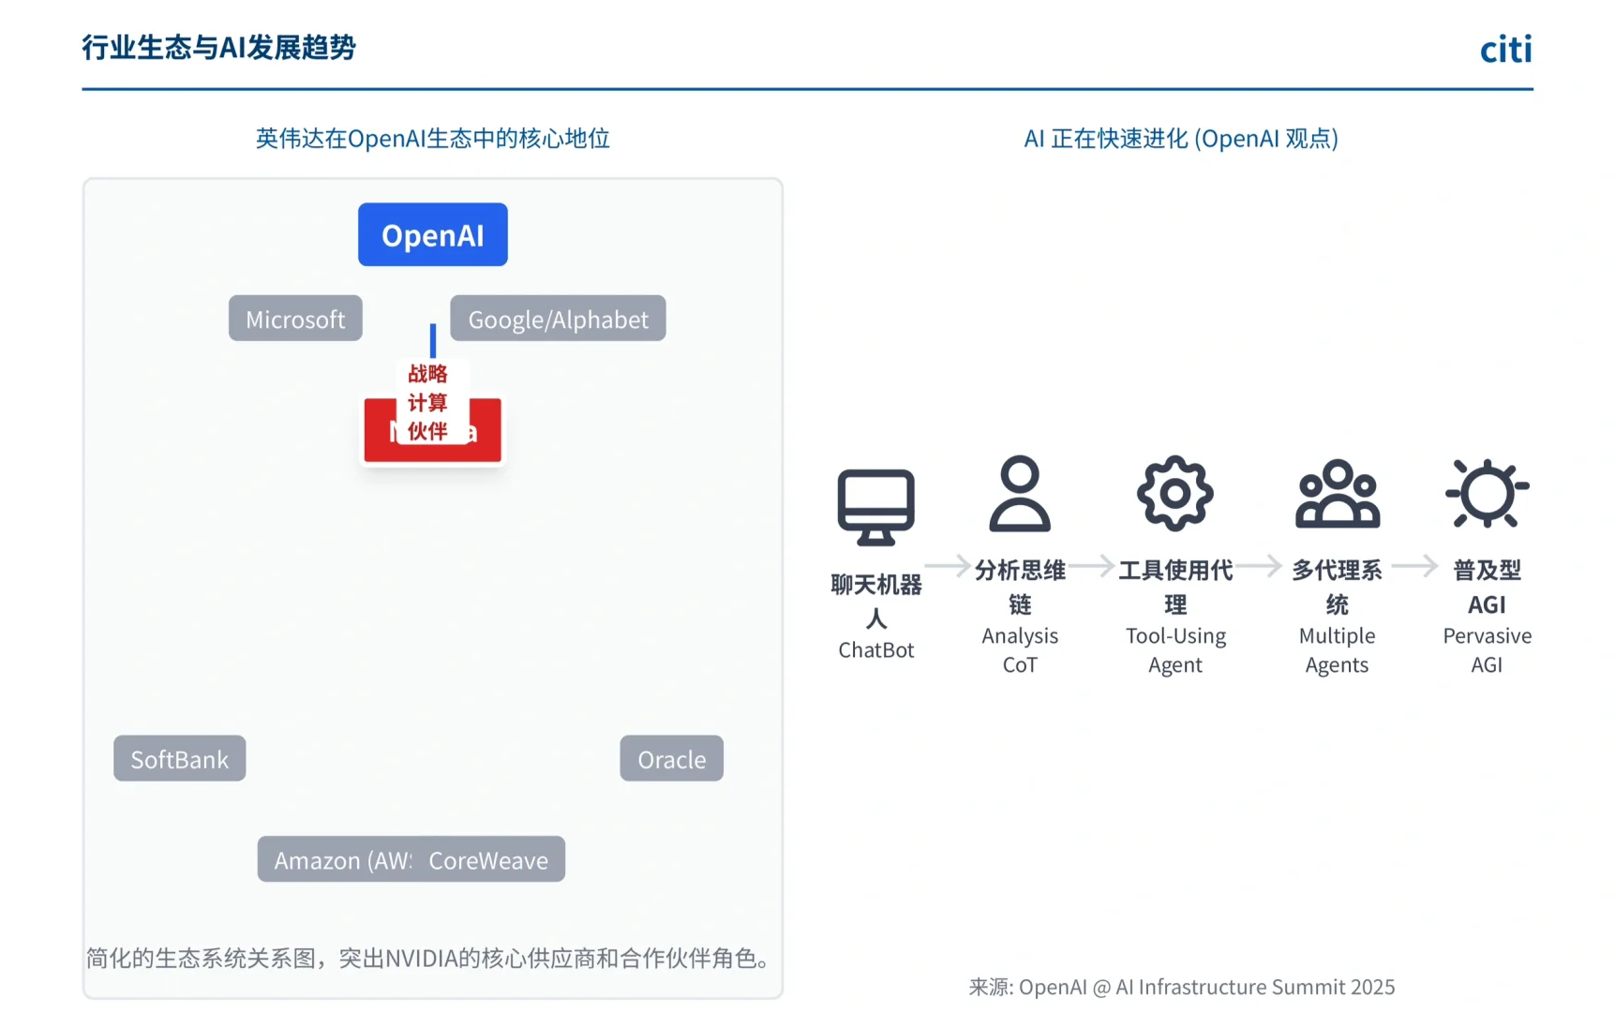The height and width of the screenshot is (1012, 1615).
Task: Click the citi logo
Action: [1505, 49]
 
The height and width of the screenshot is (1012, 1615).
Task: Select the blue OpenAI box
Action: [432, 234]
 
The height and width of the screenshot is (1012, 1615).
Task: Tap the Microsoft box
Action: [295, 319]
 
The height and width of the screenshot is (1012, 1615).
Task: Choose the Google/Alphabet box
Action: [558, 319]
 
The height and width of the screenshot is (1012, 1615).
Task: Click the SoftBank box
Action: [179, 758]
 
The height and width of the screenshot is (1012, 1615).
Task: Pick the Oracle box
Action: [671, 758]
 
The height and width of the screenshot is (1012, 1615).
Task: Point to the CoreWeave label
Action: [488, 859]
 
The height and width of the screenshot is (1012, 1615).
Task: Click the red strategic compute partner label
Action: [427, 402]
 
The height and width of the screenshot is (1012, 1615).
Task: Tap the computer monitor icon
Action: [875, 506]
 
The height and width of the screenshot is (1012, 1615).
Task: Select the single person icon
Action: [1020, 494]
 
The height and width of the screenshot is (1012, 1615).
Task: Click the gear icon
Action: [1174, 494]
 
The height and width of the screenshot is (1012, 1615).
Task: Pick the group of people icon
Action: [1337, 494]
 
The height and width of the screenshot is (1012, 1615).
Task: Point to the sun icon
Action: [1487, 493]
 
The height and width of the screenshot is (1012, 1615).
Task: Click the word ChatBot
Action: [875, 649]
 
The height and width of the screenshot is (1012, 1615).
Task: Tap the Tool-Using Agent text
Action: [1175, 649]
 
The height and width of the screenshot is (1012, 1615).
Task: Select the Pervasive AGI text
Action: [1487, 649]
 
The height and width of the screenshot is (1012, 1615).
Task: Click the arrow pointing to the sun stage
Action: [1414, 565]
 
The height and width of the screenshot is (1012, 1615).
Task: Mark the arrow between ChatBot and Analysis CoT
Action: [948, 565]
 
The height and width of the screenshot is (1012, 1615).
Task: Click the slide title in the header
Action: [218, 47]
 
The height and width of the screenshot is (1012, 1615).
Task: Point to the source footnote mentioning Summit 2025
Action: [1181, 987]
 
